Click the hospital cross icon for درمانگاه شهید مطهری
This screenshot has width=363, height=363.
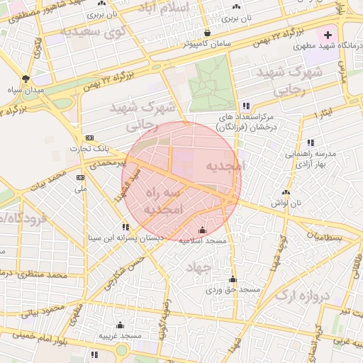[x=328, y=35]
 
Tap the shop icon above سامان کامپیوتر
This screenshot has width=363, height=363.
[x=207, y=33]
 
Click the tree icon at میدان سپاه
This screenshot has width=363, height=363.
[x=26, y=78]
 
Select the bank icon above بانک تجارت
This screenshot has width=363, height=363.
[x=89, y=138]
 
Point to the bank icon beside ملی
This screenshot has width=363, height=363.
[x=80, y=177]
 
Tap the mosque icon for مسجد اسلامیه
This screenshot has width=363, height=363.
[x=202, y=230]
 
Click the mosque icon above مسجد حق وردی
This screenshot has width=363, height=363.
[x=233, y=279]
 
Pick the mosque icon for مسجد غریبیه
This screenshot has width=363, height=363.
[x=120, y=325]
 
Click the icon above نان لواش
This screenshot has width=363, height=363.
[x=286, y=191]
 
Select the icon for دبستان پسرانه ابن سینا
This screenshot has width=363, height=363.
[x=125, y=227]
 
